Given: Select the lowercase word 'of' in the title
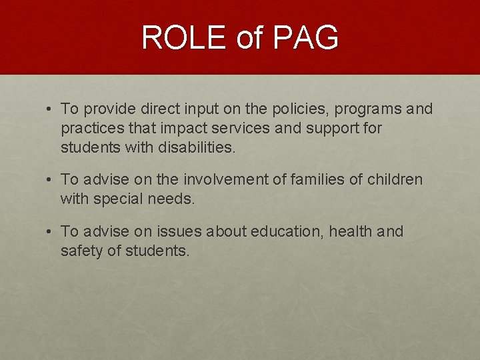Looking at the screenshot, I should pyautogui.click(x=250, y=37).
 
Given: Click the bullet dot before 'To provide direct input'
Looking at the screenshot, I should pyautogui.click(x=50, y=109).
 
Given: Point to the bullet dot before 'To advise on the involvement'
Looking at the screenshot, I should pyautogui.click(x=50, y=180).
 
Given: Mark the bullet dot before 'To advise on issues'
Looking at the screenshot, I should pyautogui.click(x=50, y=232).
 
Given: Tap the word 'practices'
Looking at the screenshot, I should pyautogui.click(x=89, y=128).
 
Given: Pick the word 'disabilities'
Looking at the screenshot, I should pyautogui.click(x=195, y=147).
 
